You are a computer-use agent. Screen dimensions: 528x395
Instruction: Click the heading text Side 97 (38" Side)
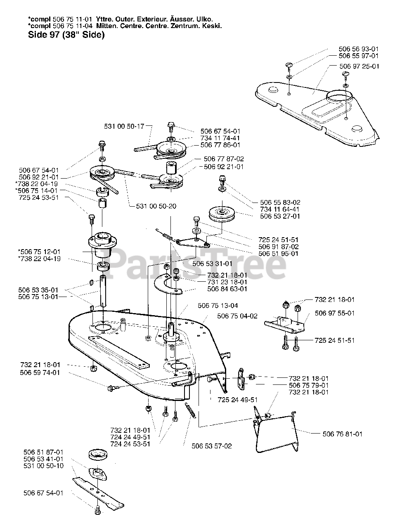pos(66,35)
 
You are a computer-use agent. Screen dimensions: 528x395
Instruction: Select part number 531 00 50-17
pos(123,126)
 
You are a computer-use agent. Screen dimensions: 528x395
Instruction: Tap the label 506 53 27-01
pos(280,216)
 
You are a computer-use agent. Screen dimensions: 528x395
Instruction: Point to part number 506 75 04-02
pos(237,316)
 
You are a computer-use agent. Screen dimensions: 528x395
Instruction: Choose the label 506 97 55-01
pos(334,313)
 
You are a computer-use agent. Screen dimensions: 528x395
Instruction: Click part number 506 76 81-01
pos(342,434)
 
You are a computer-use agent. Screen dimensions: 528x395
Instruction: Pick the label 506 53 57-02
pos(212,446)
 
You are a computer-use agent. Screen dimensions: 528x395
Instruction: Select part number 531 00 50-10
pos(44,466)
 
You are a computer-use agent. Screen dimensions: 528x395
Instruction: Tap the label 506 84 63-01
pos(227,289)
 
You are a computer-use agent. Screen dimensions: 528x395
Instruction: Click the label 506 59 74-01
pos(40,372)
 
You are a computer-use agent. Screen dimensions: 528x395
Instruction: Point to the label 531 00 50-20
pos(156,206)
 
